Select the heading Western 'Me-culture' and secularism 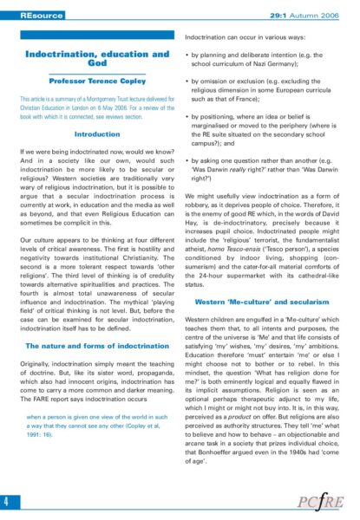pyautogui.click(x=270, y=300)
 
